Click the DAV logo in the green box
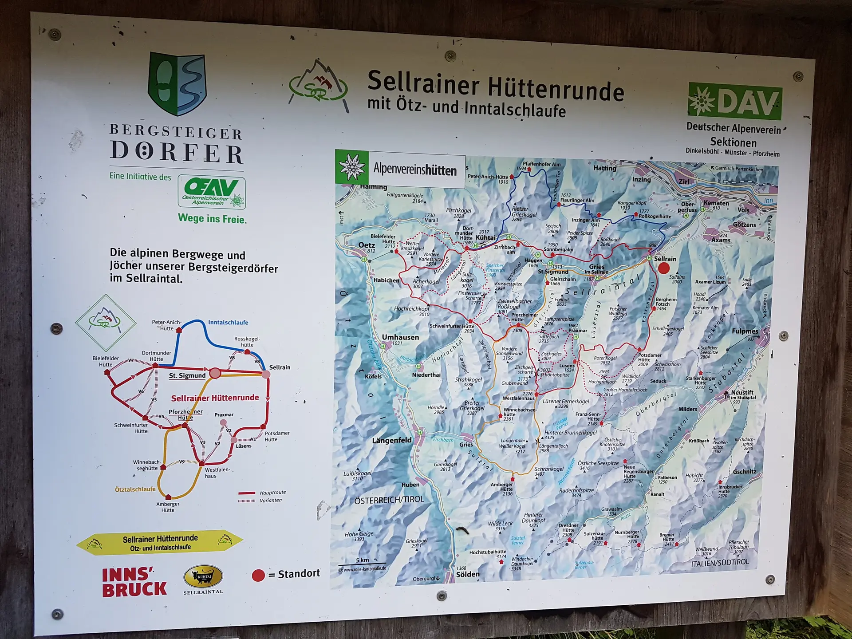click(x=735, y=101)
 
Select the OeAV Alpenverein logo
click(x=212, y=192)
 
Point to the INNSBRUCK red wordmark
click(x=134, y=582)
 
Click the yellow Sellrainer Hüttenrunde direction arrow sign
click(x=160, y=543)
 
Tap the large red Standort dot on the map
click(x=663, y=268)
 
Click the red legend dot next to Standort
click(x=258, y=575)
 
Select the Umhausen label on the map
click(x=400, y=337)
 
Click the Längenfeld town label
click(x=392, y=440)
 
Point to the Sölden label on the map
click(x=468, y=574)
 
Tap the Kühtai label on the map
click(x=485, y=238)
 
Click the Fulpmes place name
click(x=745, y=331)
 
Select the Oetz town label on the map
click(x=367, y=245)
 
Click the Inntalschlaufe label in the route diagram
click(x=228, y=323)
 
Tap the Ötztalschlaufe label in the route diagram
click(x=135, y=489)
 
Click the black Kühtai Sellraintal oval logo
click(x=203, y=577)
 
